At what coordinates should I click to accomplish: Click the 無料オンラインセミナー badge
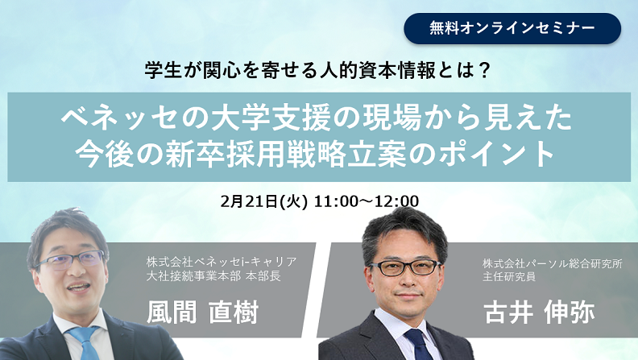(x=512, y=28)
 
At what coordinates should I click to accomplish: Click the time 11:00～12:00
(x=367, y=201)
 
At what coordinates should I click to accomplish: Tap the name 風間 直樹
(x=203, y=312)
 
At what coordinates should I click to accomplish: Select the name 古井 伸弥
(x=539, y=312)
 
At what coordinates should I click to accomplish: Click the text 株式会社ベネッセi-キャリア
(x=222, y=262)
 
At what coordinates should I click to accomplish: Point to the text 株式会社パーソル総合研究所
(x=553, y=263)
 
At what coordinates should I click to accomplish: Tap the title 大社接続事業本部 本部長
(x=213, y=276)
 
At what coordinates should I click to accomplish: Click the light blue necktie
(x=86, y=342)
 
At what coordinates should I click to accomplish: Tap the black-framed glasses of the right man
(x=403, y=267)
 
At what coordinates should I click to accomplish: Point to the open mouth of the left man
(x=78, y=288)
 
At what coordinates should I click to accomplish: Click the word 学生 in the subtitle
(x=159, y=70)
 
